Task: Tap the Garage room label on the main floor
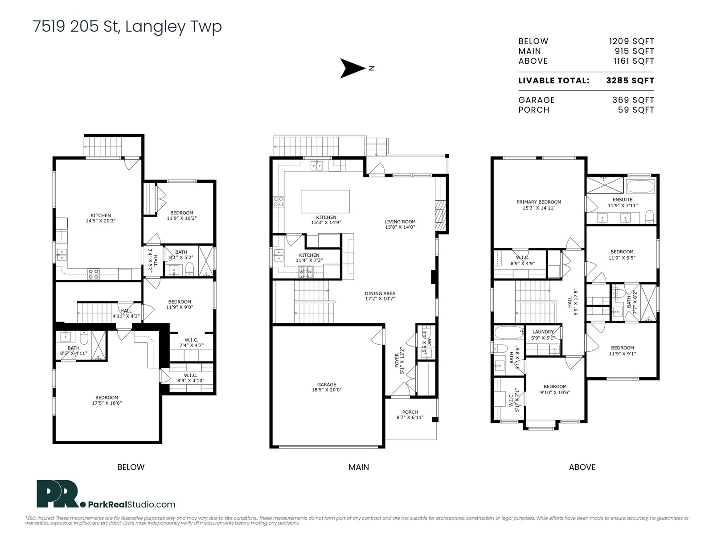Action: tap(327, 387)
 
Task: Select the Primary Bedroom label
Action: tap(539, 205)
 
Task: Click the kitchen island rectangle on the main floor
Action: tap(325, 202)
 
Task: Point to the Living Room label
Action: tap(400, 224)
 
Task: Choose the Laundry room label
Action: tap(543, 334)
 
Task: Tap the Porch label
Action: tap(410, 415)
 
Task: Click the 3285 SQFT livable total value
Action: tap(630, 81)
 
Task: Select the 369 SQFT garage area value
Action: tap(633, 100)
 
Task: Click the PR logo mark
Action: tap(57, 494)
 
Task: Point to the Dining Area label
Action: tap(380, 296)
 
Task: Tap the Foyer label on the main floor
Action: tap(399, 361)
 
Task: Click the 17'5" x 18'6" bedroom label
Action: tap(107, 400)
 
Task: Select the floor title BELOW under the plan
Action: tap(131, 467)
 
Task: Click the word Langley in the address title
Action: tap(156, 27)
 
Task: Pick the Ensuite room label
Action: tap(623, 202)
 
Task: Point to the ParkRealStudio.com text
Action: tap(131, 505)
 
